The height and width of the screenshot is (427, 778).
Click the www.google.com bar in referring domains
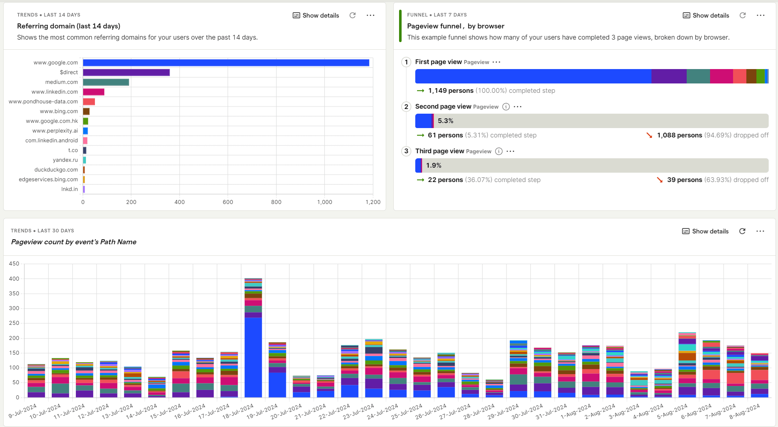[x=226, y=63]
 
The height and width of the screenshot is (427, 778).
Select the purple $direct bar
[x=126, y=72]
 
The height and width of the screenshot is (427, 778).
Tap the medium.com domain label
[x=61, y=82]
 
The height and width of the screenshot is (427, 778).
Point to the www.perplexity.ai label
[x=55, y=131]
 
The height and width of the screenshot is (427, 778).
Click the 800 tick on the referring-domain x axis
[x=276, y=202]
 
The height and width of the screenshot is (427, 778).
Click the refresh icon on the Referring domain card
[x=353, y=15]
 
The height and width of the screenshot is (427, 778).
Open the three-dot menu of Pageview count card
[x=760, y=231]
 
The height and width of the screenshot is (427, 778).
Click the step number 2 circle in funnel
[x=406, y=106]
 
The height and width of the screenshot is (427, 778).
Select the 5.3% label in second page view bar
[x=445, y=121]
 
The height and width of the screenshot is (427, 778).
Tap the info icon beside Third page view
[x=499, y=151]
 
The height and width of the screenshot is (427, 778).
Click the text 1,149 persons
[x=451, y=91]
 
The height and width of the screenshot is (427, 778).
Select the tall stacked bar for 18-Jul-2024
[x=253, y=338]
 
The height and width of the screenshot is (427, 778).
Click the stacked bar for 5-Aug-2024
[x=687, y=365]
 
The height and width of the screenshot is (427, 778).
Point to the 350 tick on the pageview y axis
[x=14, y=294]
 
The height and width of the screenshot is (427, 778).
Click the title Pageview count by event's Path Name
[x=74, y=242]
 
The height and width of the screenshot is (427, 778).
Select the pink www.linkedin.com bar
[x=93, y=92]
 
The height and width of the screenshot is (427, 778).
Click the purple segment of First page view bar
[x=669, y=76]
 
